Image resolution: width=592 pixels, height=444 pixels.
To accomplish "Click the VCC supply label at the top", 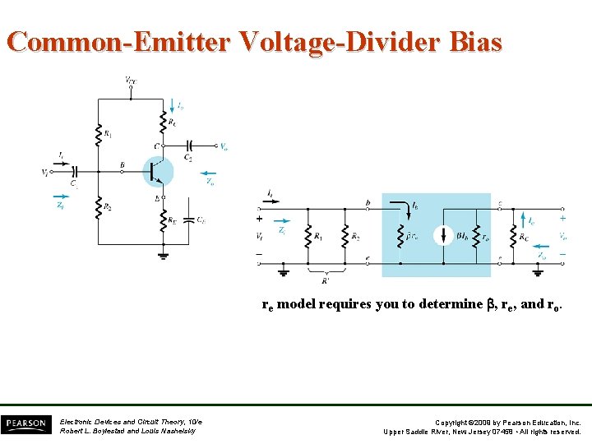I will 131,80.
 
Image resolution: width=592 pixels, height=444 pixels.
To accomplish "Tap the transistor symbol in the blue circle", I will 158,171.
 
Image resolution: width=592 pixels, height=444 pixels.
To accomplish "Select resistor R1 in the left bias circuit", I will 99,132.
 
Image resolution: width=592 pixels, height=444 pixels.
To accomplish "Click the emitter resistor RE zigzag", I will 164,219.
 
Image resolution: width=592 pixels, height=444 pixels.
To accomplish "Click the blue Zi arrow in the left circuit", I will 59,197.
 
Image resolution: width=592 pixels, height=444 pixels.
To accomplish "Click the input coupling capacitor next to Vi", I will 74,172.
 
